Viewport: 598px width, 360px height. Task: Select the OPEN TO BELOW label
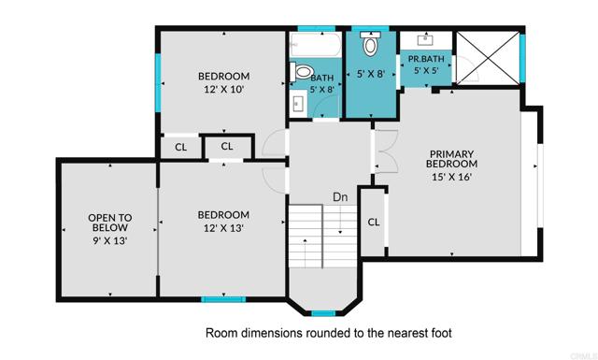(x=110, y=223)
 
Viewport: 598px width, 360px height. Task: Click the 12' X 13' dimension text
(x=224, y=227)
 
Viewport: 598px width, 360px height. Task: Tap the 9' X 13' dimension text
(x=110, y=240)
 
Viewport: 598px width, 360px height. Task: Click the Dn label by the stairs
(x=341, y=197)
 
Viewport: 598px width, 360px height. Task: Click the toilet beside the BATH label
(x=302, y=72)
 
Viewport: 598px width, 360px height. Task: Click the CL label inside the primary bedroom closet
(x=373, y=222)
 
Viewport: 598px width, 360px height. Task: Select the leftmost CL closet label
(x=181, y=147)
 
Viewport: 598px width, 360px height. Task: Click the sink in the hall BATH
(x=298, y=103)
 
